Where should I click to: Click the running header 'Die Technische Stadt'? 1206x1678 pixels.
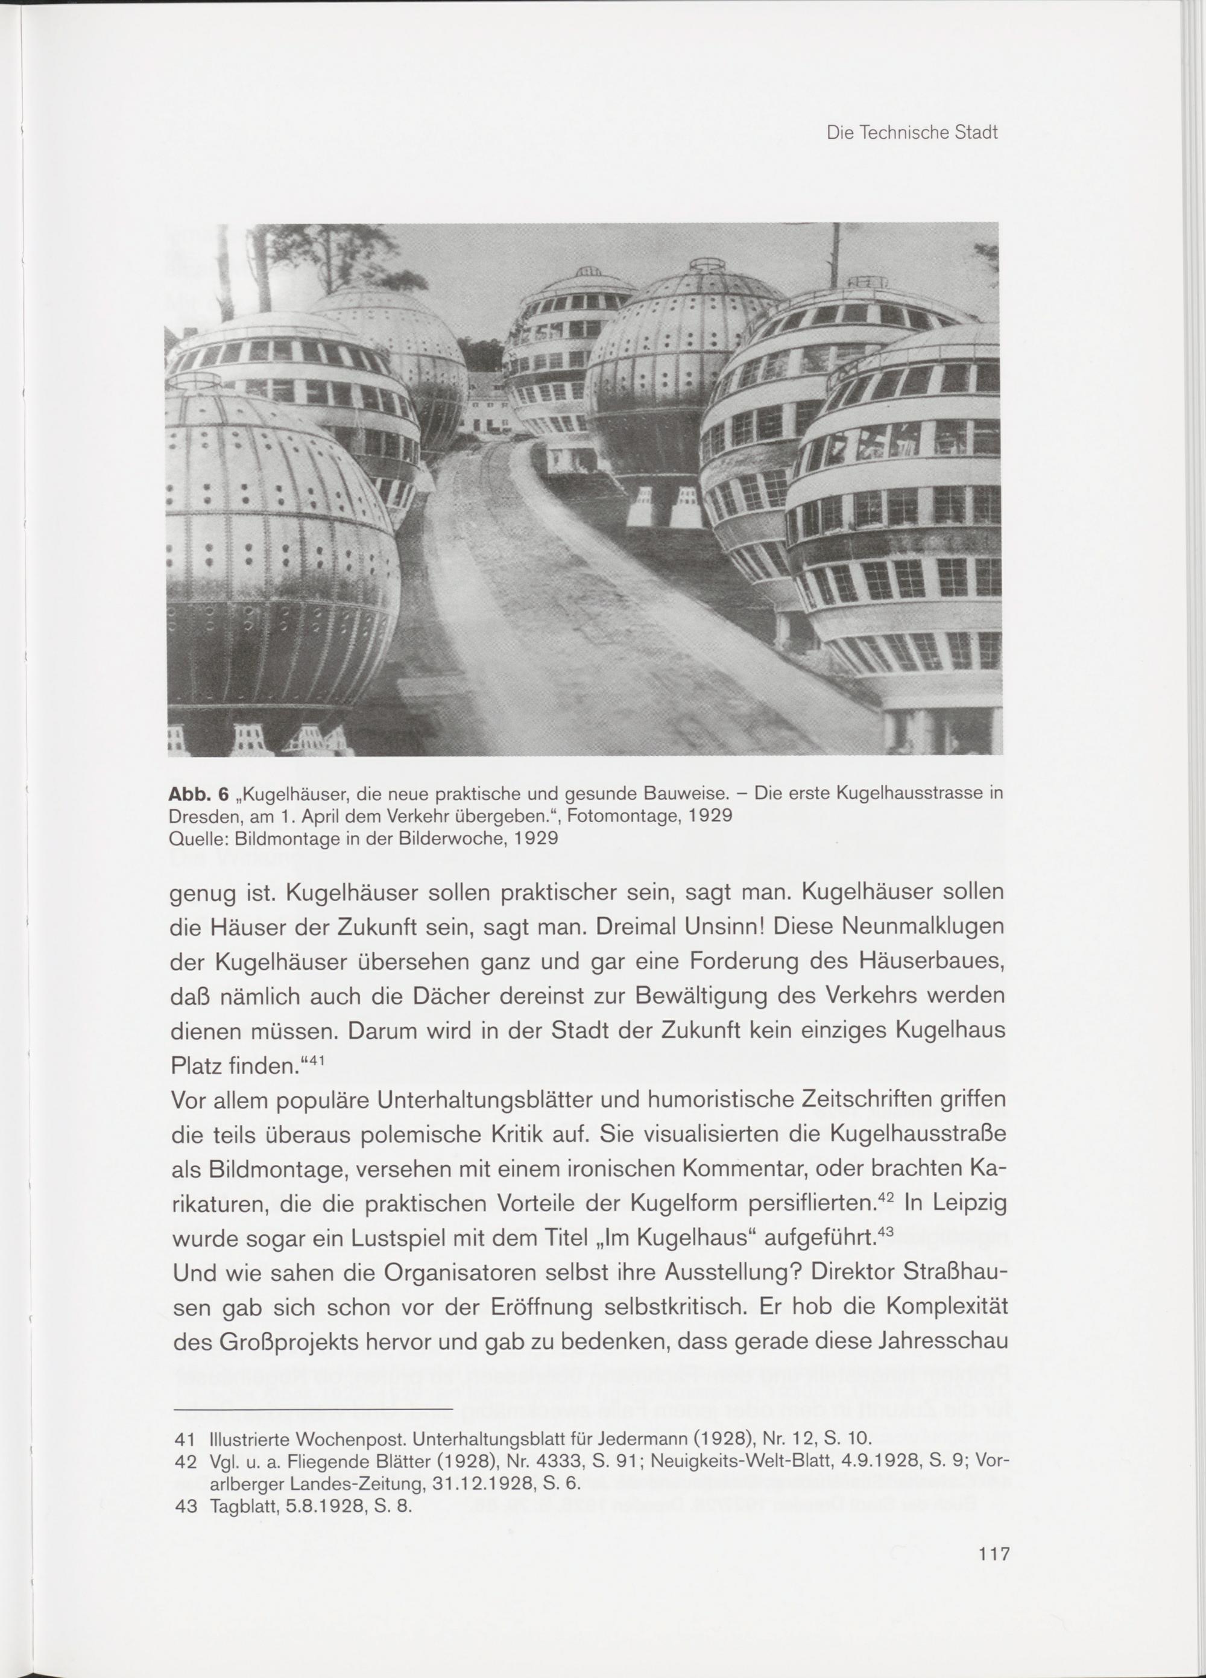[912, 133]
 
